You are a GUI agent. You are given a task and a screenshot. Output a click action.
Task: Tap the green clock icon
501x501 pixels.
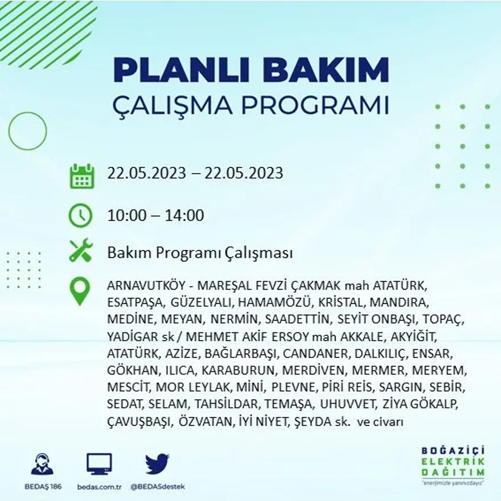pyautogui.click(x=80, y=216)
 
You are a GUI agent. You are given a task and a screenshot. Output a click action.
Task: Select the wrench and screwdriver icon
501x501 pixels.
pyautogui.click(x=80, y=251)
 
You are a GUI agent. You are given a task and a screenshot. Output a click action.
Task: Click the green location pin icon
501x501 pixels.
pyautogui.click(x=80, y=291)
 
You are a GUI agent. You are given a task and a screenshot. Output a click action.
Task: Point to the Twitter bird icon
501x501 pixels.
pyautogui.click(x=157, y=464)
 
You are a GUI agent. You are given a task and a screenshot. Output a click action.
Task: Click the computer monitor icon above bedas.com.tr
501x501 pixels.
pyautogui.click(x=99, y=464)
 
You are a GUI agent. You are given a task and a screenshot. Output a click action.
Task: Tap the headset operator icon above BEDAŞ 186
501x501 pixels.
pyautogui.click(x=42, y=464)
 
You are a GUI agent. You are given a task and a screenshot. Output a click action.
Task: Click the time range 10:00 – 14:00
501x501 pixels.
pyautogui.click(x=155, y=216)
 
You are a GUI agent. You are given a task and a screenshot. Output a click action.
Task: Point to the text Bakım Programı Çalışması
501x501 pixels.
pyautogui.click(x=200, y=252)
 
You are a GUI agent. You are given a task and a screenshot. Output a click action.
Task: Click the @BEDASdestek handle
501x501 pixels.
pyautogui.click(x=157, y=487)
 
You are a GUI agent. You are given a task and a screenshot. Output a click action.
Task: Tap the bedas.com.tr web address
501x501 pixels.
pyautogui.click(x=99, y=487)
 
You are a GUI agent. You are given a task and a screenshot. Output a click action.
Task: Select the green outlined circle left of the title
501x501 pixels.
pyautogui.click(x=27, y=132)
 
